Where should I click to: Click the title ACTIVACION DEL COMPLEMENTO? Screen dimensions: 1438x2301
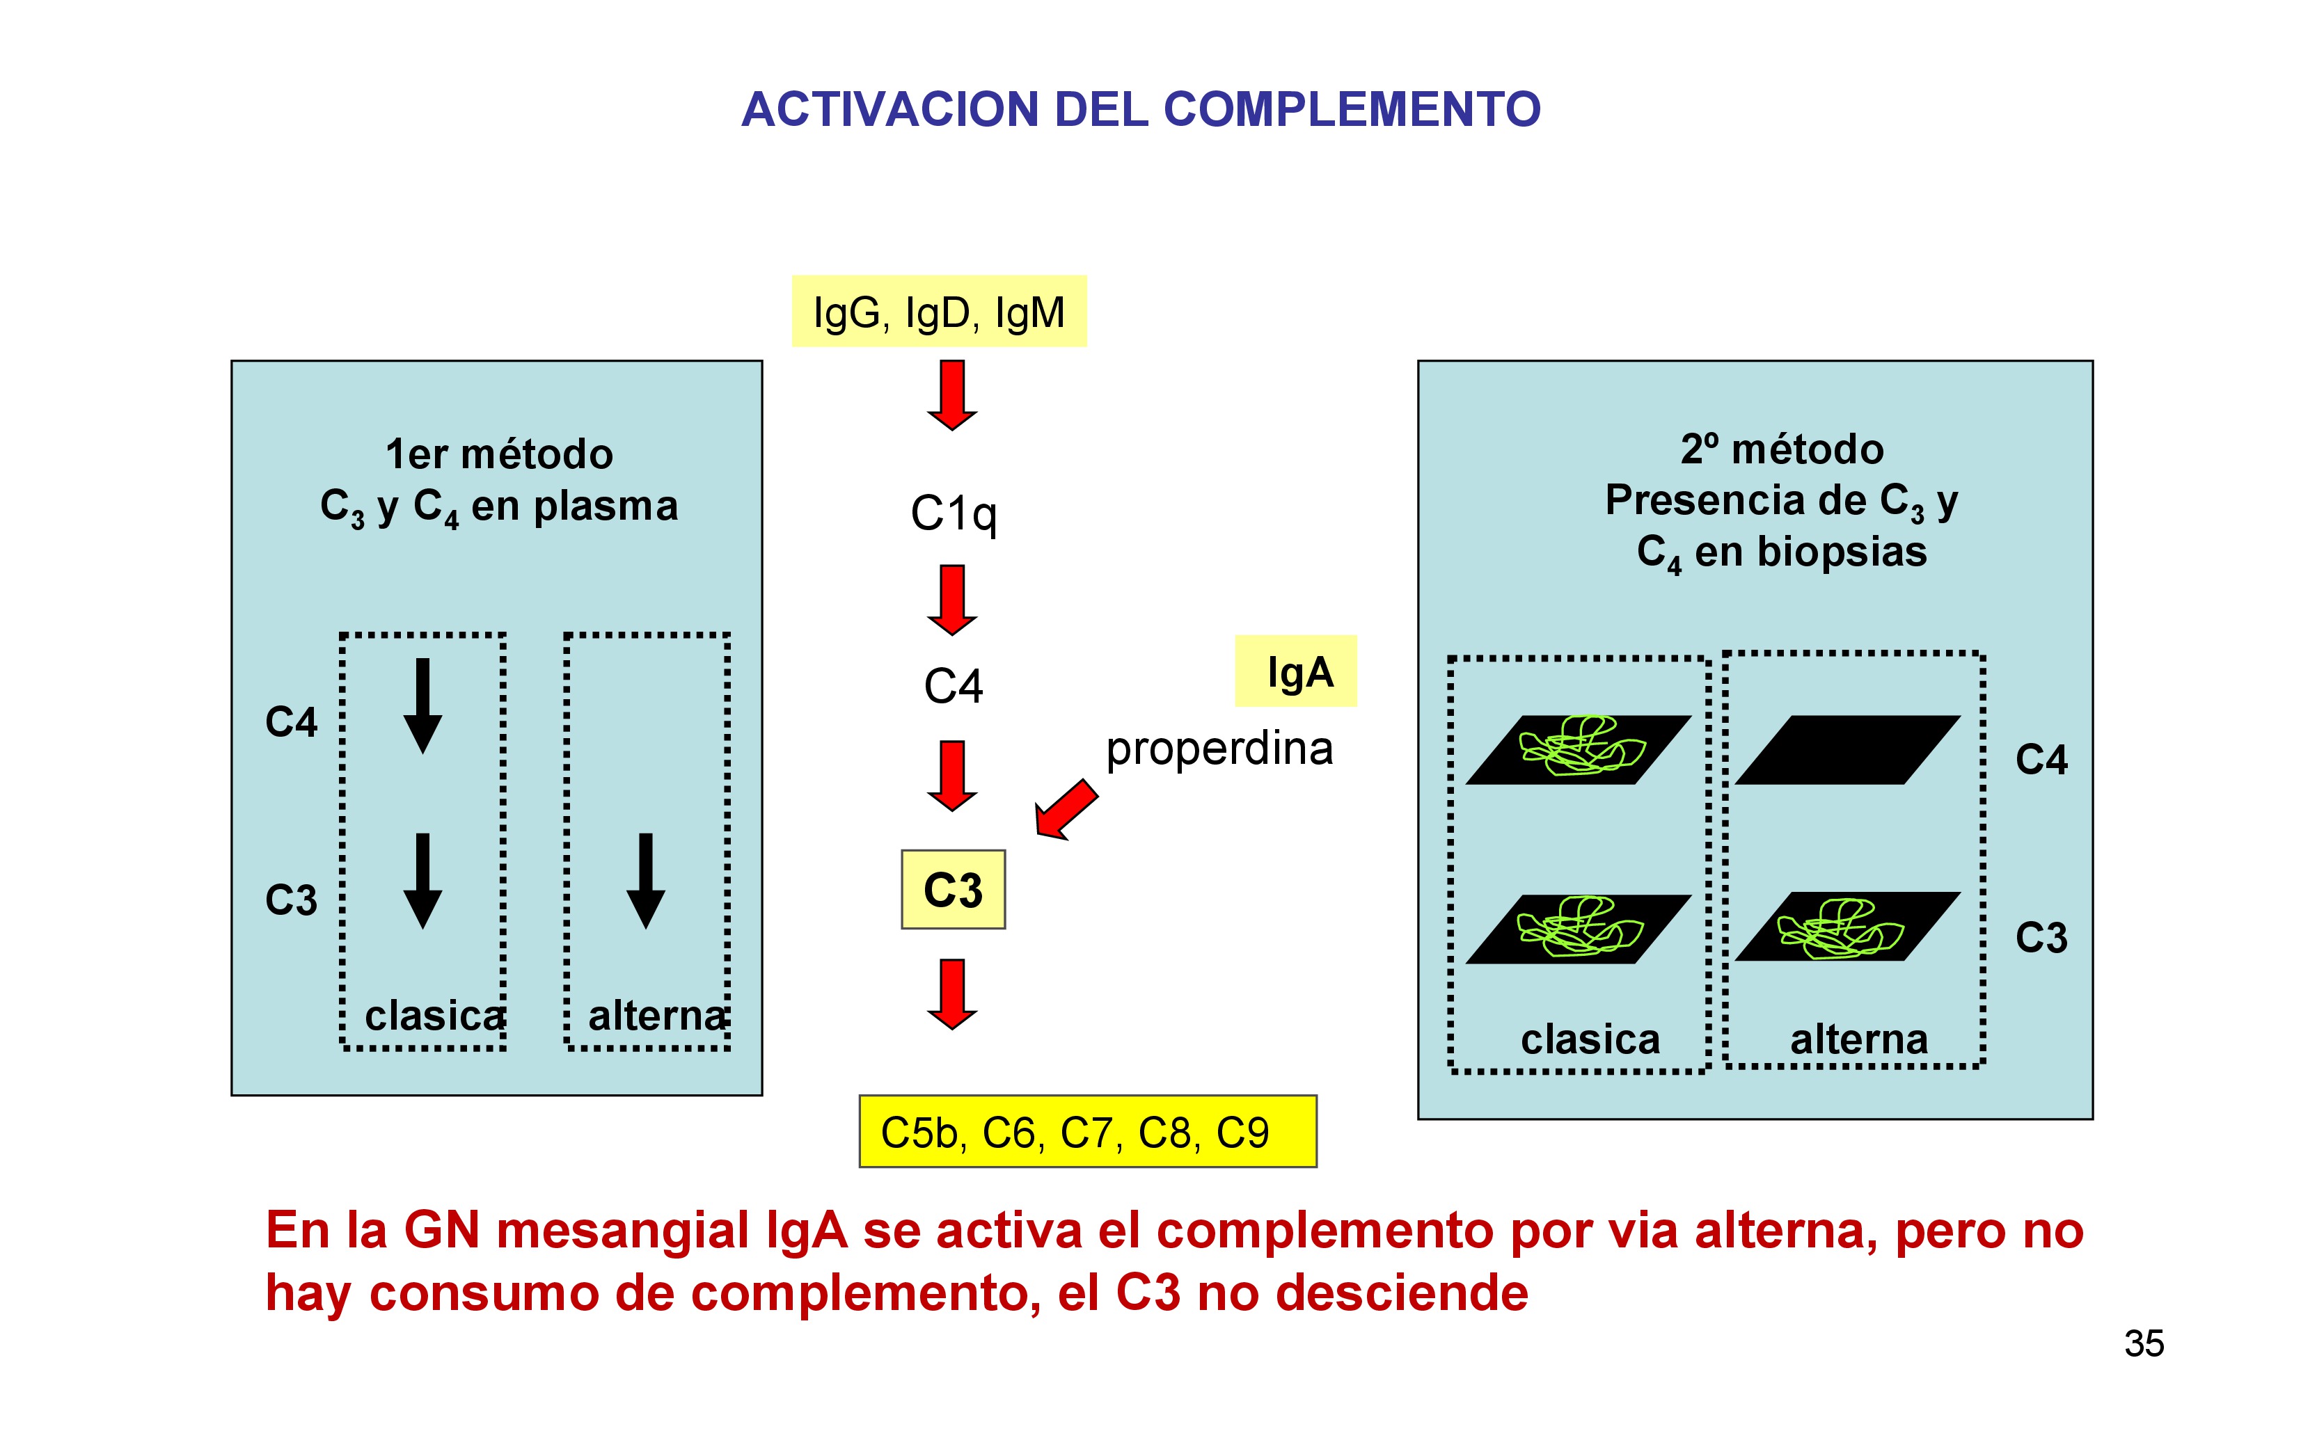point(1141,109)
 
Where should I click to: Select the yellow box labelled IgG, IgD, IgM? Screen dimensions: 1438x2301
point(939,312)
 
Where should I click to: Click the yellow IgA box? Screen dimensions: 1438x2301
point(1295,671)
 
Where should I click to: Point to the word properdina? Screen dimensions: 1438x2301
point(1219,749)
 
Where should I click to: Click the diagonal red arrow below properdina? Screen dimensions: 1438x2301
point(1066,809)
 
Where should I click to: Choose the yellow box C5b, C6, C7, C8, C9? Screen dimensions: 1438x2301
point(1087,1132)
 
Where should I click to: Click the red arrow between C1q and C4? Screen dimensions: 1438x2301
point(952,599)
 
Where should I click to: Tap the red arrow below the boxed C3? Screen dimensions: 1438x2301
point(952,994)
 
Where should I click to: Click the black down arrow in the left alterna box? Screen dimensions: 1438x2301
point(646,880)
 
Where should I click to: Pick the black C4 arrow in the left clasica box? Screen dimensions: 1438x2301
point(422,705)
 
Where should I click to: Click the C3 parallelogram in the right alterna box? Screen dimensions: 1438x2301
point(1847,927)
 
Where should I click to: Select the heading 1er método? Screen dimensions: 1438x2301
point(500,454)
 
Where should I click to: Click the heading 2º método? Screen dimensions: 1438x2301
point(1782,449)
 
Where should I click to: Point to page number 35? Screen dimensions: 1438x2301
point(2144,1344)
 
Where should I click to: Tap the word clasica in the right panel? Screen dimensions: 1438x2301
point(1590,1039)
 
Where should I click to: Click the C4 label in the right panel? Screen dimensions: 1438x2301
point(2041,760)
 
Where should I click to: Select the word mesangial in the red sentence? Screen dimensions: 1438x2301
point(623,1230)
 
